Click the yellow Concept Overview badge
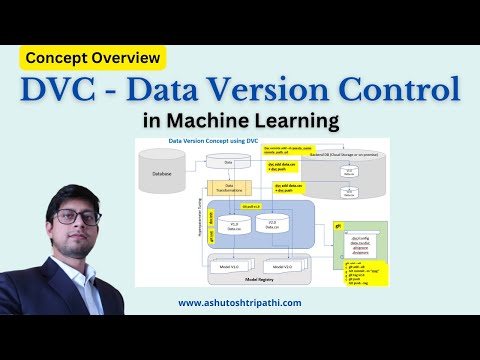(96, 58)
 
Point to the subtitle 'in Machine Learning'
(240, 122)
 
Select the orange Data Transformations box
(228, 187)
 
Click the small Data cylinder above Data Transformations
(228, 161)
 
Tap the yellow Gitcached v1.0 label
(251, 202)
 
